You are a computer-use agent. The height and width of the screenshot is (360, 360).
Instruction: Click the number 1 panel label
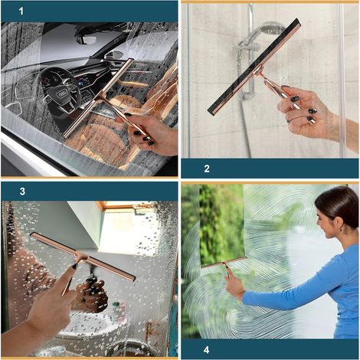pyautogui.click(x=21, y=11)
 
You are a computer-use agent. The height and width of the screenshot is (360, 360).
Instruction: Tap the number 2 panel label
pyautogui.click(x=207, y=169)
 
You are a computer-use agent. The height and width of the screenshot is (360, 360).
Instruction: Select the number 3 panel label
pyautogui.click(x=22, y=191)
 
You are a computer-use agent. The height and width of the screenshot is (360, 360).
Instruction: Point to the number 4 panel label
pyautogui.click(x=207, y=350)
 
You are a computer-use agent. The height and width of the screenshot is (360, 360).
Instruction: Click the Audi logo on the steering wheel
pyautogui.click(x=61, y=94)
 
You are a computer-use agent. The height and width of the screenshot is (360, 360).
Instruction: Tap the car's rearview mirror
pyautogui.click(x=87, y=39)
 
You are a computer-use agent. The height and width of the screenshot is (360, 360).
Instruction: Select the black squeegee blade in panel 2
pyautogui.click(x=254, y=67)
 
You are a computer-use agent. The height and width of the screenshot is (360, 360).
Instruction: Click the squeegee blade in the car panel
pyautogui.click(x=98, y=98)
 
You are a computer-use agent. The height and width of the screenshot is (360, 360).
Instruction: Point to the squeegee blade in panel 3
pyautogui.click(x=83, y=256)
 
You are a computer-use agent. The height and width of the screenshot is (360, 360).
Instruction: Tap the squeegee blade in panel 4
pyautogui.click(x=224, y=262)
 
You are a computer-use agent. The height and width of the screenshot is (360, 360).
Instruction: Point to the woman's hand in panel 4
pyautogui.click(x=234, y=284)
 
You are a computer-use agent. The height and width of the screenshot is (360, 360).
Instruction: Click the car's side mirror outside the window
pyautogui.click(x=114, y=54)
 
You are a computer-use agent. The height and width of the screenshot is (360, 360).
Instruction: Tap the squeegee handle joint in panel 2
pyautogui.click(x=258, y=70)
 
